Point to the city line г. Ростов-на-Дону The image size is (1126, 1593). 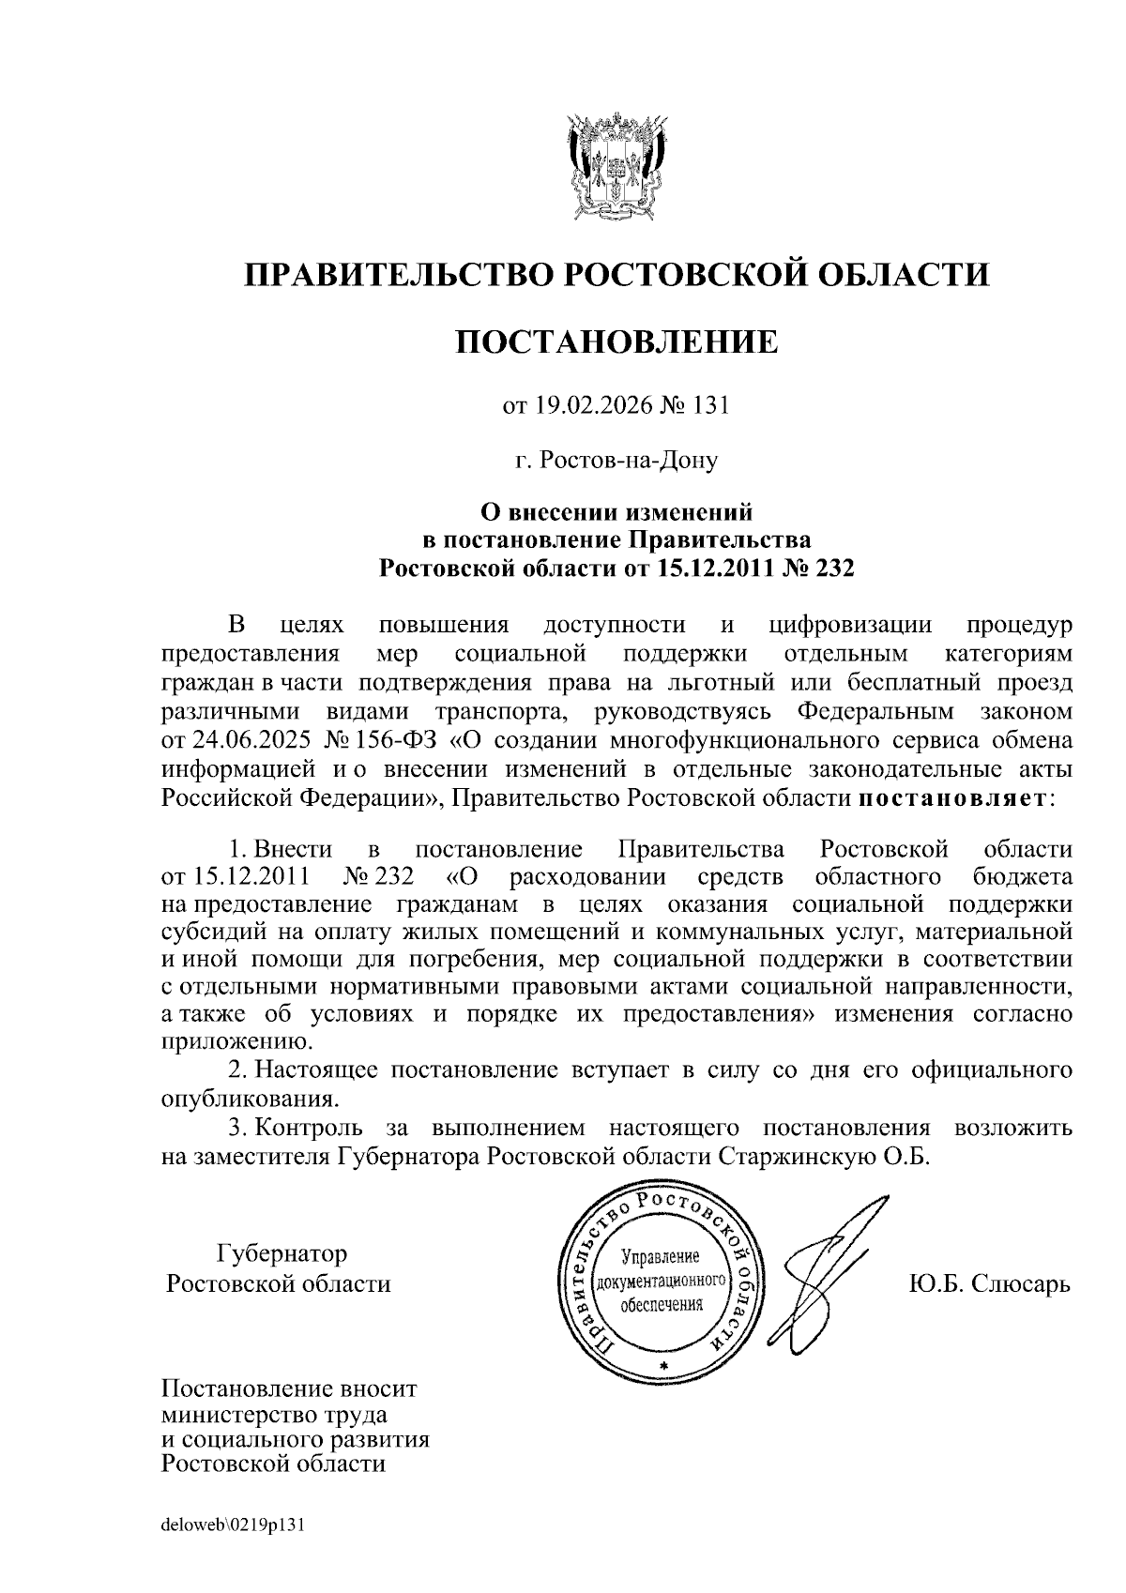click(x=616, y=461)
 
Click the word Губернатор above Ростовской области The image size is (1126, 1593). click(x=281, y=1253)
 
